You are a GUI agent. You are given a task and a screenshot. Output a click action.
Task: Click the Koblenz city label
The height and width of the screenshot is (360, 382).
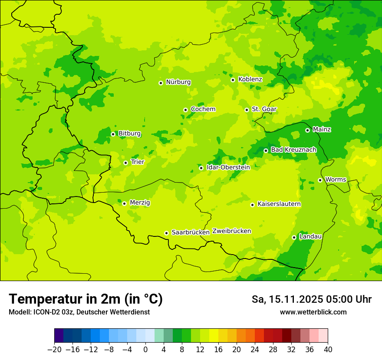(x=250, y=79)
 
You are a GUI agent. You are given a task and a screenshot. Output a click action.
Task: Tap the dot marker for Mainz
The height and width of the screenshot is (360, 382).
(x=307, y=130)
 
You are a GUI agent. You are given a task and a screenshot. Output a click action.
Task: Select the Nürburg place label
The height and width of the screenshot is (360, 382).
(x=178, y=82)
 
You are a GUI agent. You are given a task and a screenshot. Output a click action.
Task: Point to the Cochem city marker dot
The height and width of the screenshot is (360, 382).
(x=185, y=110)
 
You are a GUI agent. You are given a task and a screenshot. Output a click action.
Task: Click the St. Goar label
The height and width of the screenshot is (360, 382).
(x=264, y=109)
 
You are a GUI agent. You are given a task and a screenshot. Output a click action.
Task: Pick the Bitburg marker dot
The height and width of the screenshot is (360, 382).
(x=113, y=134)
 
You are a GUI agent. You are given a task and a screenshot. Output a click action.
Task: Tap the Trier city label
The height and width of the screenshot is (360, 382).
(x=137, y=162)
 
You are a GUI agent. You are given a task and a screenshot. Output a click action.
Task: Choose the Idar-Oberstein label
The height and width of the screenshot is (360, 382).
(x=228, y=167)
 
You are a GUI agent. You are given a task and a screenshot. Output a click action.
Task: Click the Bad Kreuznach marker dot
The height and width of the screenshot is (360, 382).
(x=266, y=151)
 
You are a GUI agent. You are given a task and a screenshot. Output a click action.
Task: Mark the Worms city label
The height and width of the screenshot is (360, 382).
(x=336, y=180)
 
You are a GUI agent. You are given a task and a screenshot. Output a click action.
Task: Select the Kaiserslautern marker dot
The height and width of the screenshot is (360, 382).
(x=252, y=205)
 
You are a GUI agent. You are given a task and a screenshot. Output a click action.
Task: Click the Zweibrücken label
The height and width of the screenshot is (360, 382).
(x=231, y=231)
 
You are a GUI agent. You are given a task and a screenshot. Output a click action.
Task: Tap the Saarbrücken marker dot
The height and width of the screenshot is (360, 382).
(x=166, y=233)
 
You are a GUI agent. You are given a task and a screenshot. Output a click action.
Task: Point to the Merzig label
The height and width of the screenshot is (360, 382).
(x=140, y=203)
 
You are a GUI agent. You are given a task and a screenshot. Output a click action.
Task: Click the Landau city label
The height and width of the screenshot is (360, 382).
(x=310, y=236)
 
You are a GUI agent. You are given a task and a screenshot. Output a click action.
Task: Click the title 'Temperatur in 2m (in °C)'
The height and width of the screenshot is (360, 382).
(x=86, y=299)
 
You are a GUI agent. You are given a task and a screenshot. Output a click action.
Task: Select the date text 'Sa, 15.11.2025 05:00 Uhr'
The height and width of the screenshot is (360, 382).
(x=311, y=299)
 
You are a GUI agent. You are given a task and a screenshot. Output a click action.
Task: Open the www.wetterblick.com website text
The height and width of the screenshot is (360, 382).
(x=313, y=312)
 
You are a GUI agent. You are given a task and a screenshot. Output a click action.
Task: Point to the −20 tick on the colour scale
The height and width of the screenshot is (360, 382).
(x=54, y=350)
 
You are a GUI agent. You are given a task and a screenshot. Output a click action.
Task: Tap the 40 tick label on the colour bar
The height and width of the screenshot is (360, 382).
(x=328, y=350)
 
